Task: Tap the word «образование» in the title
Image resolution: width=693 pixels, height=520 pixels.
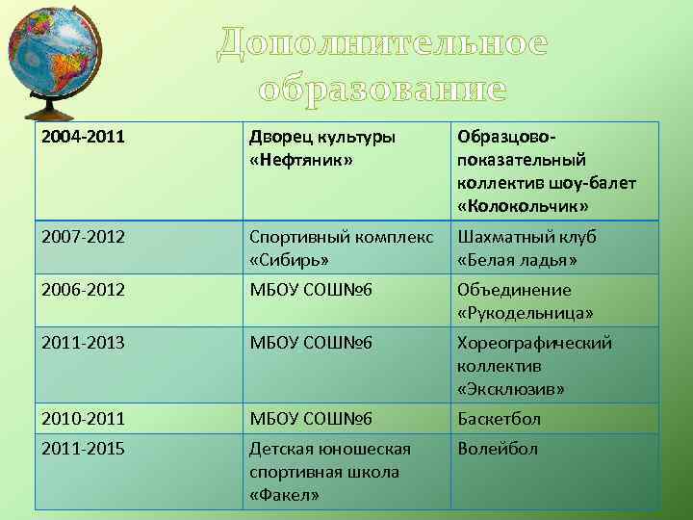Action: [x=382, y=89]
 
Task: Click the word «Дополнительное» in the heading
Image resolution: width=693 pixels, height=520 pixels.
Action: [x=382, y=43]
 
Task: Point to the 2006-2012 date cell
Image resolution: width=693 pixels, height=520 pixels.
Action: [x=83, y=290]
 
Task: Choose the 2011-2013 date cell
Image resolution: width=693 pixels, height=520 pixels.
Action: [x=83, y=343]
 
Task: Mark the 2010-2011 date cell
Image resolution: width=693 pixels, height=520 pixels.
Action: [x=83, y=419]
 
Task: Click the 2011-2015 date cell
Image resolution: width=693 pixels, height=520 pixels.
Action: [x=83, y=449]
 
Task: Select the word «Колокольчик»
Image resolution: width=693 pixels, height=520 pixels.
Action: [x=524, y=207]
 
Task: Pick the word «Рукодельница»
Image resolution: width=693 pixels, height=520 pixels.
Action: [x=526, y=314]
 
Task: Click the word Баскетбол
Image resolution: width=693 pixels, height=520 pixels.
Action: [x=499, y=419]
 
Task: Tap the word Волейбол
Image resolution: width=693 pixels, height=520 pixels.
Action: [x=498, y=449]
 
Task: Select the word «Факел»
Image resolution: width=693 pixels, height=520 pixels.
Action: [x=285, y=496]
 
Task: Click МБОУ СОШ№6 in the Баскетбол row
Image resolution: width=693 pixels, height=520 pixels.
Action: [x=311, y=419]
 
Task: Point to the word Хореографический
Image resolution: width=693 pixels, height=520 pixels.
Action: [x=534, y=344]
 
